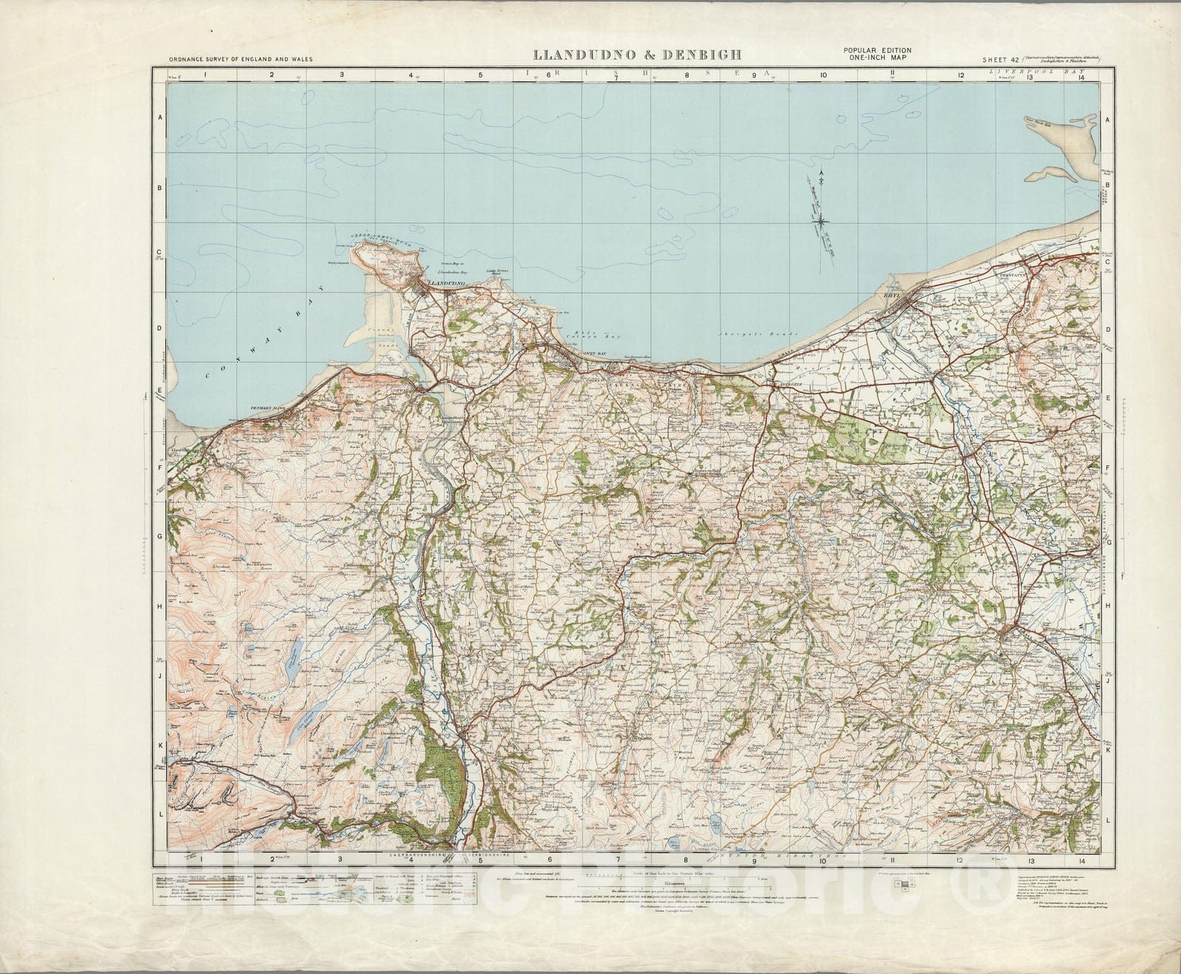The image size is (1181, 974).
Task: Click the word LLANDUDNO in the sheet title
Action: point(576,55)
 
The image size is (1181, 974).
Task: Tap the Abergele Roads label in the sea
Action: point(743,335)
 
